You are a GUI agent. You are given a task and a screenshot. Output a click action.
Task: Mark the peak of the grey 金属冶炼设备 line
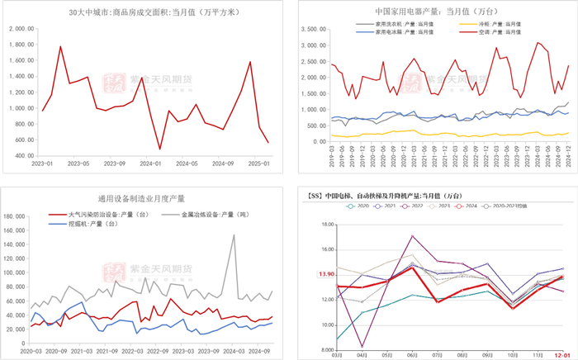234,235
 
